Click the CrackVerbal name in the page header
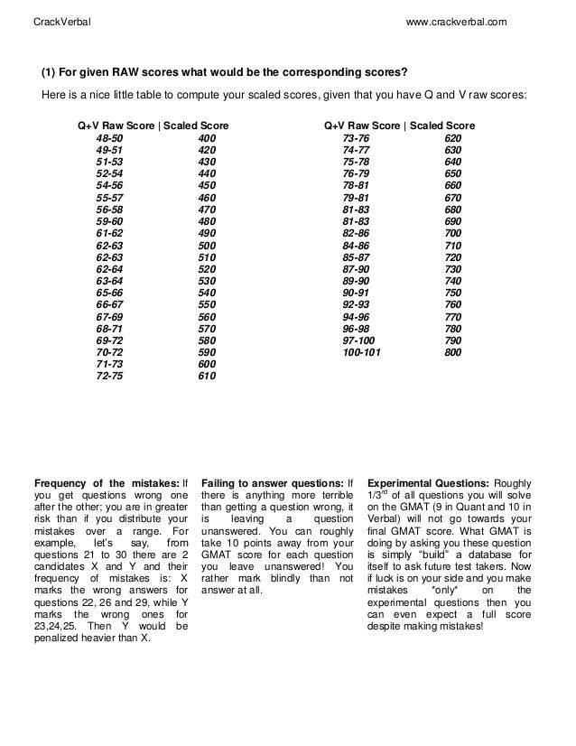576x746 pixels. point(60,20)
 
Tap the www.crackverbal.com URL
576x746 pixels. point(458,20)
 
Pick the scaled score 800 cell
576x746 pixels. point(452,353)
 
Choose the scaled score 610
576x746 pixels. point(207,377)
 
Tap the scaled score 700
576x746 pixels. point(452,233)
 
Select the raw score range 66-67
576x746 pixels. point(111,305)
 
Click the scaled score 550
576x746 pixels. point(207,305)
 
